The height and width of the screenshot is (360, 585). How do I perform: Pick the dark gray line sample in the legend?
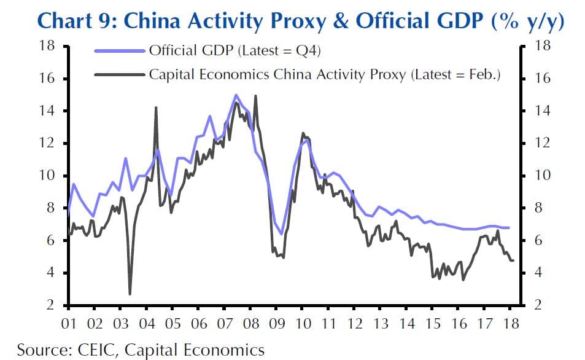tap(121, 75)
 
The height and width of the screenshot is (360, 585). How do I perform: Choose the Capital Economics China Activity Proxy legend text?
tap(325, 75)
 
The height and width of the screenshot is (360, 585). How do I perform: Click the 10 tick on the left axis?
tap(47, 176)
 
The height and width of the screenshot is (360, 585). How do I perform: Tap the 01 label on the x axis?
tap(68, 323)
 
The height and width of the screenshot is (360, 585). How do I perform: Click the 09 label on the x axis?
tap(277, 323)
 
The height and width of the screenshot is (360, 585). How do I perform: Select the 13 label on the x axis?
tap(381, 323)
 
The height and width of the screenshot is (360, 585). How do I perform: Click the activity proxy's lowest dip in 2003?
tap(130, 294)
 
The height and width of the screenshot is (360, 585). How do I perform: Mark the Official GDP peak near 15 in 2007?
tap(235, 95)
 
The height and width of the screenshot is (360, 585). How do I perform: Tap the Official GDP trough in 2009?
tap(281, 234)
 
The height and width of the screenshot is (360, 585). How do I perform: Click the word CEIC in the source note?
tap(98, 350)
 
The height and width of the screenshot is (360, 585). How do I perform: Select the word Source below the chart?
tap(43, 350)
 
